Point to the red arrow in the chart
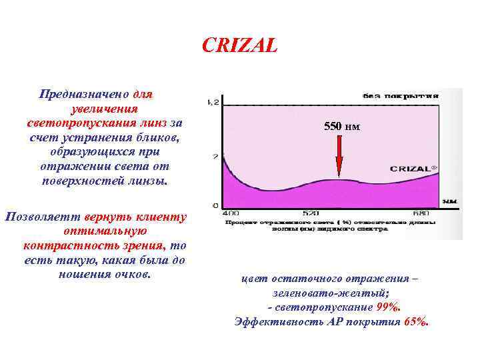click(339, 156)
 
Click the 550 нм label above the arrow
click(341, 125)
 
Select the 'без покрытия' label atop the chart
click(400, 95)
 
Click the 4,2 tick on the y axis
click(212, 102)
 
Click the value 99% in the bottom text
click(387, 307)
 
